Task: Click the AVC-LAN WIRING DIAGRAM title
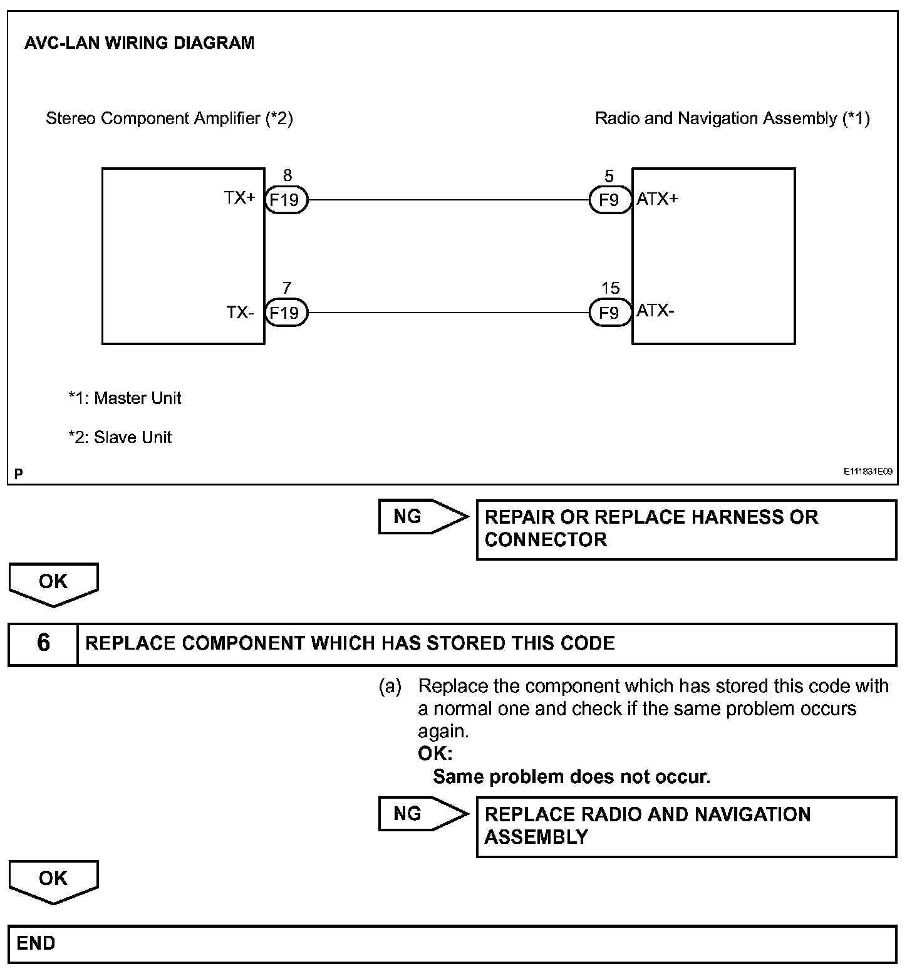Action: click(139, 43)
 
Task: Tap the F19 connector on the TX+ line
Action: click(286, 200)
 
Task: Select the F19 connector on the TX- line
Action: click(286, 312)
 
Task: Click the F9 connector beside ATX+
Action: click(609, 200)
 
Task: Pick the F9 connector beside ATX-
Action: click(609, 312)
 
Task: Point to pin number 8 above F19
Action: click(288, 176)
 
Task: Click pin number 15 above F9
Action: click(610, 288)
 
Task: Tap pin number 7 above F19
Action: click(287, 288)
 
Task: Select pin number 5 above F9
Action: click(609, 176)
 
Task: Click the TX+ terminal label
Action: click(240, 198)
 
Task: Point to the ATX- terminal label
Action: click(655, 311)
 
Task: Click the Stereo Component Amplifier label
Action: click(169, 118)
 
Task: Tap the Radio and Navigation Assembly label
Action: click(732, 118)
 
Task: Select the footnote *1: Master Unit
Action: click(125, 398)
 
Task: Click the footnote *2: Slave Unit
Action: click(120, 437)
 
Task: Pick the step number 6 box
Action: click(43, 643)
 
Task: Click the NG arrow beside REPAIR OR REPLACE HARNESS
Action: click(423, 517)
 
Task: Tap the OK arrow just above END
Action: click(53, 881)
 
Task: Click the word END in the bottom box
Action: click(36, 943)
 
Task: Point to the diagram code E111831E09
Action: click(868, 472)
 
